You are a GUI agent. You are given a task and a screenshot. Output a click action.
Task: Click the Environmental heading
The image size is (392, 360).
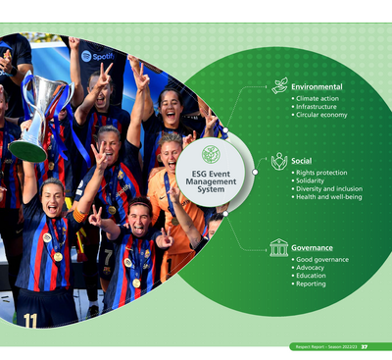318,86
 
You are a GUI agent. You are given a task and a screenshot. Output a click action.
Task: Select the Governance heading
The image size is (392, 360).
312,247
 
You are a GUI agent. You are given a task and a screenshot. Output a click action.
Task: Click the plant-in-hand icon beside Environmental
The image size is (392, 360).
279,85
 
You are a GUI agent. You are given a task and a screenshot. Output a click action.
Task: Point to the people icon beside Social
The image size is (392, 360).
279,161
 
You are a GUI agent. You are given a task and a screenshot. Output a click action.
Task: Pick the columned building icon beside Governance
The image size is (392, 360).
279,247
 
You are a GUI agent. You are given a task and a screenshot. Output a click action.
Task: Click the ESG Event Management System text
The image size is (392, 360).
210,179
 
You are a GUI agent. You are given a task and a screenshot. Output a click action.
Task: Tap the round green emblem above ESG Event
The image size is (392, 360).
210,154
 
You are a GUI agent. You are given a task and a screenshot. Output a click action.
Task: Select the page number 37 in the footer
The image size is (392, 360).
365,346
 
